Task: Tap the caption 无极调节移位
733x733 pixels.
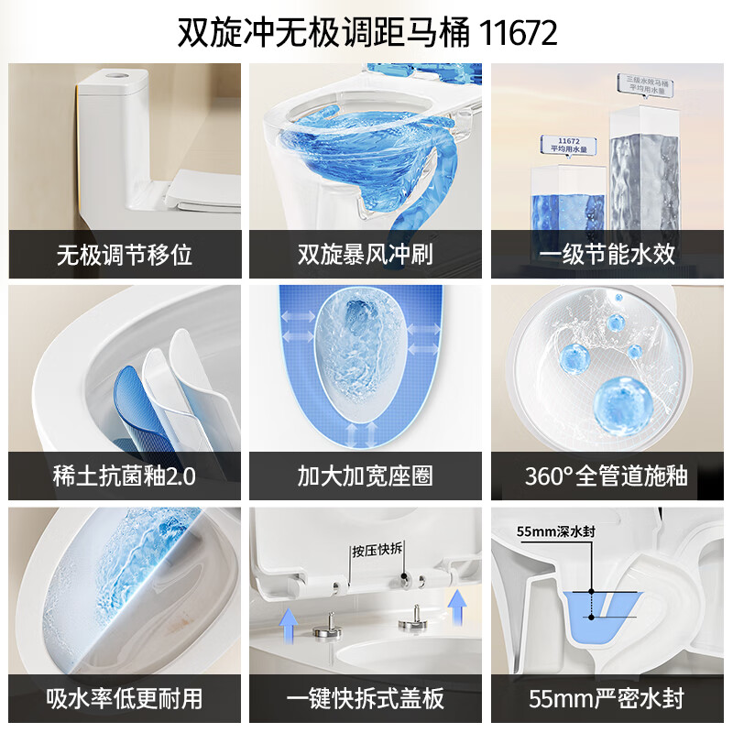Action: coord(125,254)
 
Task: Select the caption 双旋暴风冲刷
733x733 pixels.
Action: coord(366,254)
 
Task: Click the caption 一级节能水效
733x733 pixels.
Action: coord(607,254)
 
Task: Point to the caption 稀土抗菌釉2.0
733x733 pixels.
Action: coord(125,476)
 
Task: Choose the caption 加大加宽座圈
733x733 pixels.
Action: coord(366,476)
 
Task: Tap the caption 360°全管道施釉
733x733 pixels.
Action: coord(607,476)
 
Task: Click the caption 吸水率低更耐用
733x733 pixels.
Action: coord(125,698)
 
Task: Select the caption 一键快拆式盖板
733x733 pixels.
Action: coord(366,698)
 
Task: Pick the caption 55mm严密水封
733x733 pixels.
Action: coord(607,698)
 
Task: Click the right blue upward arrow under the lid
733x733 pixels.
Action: coord(455,604)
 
